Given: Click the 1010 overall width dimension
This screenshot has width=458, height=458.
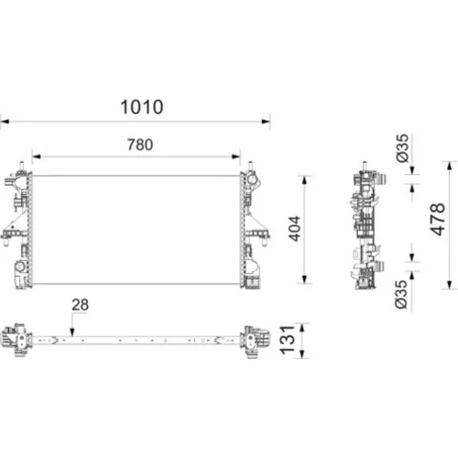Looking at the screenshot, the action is tap(142, 107).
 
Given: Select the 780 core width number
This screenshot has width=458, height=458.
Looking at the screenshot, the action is tap(140, 145).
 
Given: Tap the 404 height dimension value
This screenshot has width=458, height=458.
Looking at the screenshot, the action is tap(295, 229).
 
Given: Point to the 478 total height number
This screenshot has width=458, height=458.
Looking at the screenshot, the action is tap(437, 219).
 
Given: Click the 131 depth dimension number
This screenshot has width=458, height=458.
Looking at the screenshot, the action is tap(288, 340).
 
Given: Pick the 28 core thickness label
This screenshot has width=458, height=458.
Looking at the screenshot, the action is tap(81, 305).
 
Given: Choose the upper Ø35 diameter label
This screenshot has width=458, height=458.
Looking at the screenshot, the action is tap(402, 148).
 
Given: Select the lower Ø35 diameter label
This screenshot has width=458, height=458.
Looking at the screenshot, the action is tap(401, 294).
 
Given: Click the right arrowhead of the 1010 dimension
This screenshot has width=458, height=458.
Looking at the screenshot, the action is tap(266, 122).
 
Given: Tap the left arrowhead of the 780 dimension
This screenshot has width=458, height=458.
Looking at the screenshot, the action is tap(37, 157).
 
